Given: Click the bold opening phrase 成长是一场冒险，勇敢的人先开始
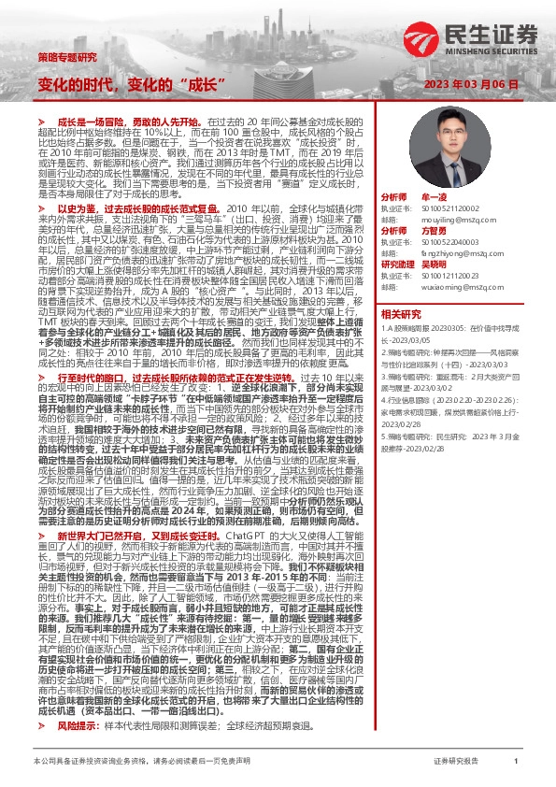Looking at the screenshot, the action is point(132,122).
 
